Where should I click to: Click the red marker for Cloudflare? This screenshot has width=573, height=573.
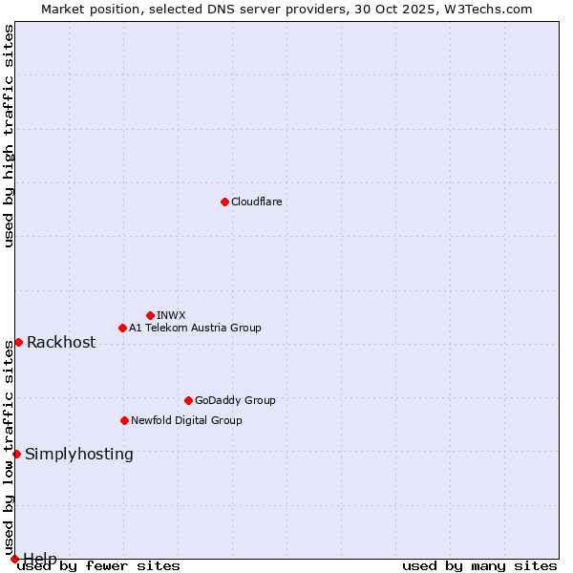tap(224, 202)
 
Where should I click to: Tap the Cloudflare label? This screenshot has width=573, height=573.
tap(256, 202)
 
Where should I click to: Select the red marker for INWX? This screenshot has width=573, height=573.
tap(150, 315)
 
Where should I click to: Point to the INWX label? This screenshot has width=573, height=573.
tap(171, 315)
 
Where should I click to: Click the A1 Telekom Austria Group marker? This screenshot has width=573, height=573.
tap(122, 328)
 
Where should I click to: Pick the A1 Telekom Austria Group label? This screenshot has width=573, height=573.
tap(195, 328)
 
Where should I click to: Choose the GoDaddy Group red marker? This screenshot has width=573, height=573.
tap(188, 400)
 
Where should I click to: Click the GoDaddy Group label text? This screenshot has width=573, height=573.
tap(235, 400)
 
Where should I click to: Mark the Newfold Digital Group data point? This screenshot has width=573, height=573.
tap(124, 420)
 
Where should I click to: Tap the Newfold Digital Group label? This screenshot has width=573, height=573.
tap(186, 420)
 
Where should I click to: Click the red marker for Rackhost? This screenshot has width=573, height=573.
tap(18, 342)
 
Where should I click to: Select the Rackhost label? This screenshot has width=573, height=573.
tap(61, 343)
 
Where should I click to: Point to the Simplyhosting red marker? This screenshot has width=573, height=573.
tap(16, 454)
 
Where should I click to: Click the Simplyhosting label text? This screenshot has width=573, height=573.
tap(79, 455)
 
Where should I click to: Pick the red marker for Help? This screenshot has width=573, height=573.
tap(14, 559)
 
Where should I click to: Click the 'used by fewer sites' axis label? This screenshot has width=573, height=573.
tap(99, 566)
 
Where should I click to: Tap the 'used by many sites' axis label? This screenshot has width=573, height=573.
tap(479, 566)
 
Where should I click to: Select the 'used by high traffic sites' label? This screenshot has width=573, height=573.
tap(9, 136)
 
